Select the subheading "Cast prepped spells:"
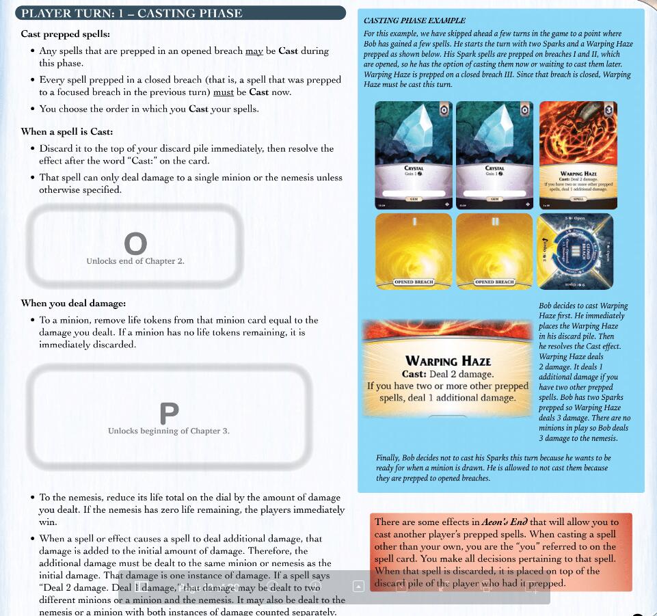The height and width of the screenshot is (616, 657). click(x=65, y=34)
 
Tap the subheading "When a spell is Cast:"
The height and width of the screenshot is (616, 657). click(x=67, y=131)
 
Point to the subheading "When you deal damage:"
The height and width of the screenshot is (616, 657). click(x=73, y=303)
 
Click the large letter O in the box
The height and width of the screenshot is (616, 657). click(x=135, y=243)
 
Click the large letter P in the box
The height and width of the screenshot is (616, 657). click(x=169, y=413)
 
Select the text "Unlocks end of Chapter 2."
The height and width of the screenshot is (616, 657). click(x=135, y=261)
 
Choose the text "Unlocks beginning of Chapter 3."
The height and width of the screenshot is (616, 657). click(x=168, y=431)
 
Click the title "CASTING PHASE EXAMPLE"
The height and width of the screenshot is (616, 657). click(x=414, y=21)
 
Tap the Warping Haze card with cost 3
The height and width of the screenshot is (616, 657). click(x=578, y=155)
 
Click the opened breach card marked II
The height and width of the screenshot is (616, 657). click(x=494, y=251)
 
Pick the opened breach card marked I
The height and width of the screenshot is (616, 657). click(x=414, y=251)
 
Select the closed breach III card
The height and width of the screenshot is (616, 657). click(x=575, y=251)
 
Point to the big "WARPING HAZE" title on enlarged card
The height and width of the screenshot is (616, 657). click(x=448, y=360)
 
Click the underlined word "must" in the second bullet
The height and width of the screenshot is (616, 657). click(x=224, y=92)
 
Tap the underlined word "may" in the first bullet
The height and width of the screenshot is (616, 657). click(x=254, y=51)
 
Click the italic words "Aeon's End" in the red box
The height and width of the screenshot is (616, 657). click(x=505, y=522)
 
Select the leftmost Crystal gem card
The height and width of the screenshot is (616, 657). click(x=414, y=155)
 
